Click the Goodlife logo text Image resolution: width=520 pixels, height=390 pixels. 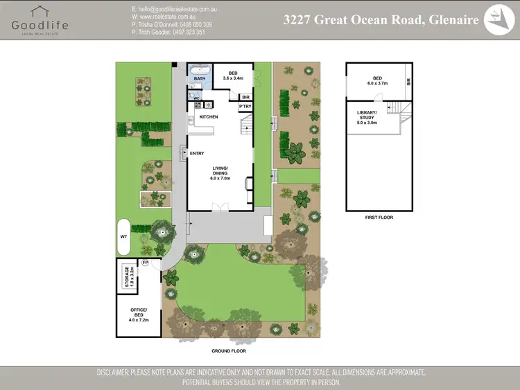(40, 25)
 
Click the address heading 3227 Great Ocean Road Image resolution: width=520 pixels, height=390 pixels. (381, 20)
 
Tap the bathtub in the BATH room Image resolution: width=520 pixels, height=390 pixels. (200, 70)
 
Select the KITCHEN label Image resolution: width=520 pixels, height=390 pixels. (209, 117)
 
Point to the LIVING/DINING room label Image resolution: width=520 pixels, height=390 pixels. (220, 173)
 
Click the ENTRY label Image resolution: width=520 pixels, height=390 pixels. (197, 153)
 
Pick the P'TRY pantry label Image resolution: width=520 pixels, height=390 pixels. (245, 107)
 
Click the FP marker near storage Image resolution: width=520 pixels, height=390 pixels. (146, 264)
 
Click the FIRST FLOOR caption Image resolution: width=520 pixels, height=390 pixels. (379, 218)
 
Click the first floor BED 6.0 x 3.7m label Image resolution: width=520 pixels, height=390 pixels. (377, 80)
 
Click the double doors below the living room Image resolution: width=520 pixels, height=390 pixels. (220, 206)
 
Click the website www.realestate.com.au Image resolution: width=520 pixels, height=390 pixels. (174, 15)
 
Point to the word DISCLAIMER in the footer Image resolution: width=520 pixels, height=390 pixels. (120, 373)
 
